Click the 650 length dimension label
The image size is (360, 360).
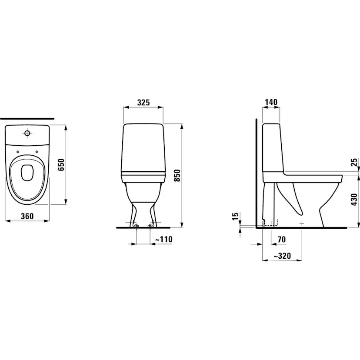(x=61, y=165)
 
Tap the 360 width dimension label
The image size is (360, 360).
(x=27, y=216)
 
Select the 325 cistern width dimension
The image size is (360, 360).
(x=143, y=103)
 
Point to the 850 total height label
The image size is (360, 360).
(x=177, y=176)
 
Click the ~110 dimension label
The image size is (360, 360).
(x=164, y=239)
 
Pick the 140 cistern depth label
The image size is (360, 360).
(x=271, y=102)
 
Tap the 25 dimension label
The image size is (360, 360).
(x=355, y=162)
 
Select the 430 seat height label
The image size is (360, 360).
(x=355, y=199)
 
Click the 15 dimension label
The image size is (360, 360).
(x=236, y=216)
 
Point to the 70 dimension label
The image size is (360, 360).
(x=282, y=240)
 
